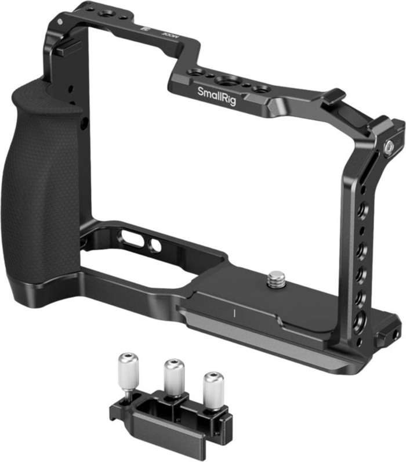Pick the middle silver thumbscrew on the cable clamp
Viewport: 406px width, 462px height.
[174, 378]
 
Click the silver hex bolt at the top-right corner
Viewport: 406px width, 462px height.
[389, 148]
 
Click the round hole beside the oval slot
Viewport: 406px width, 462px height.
[155, 246]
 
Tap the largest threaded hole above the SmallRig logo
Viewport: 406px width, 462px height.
[230, 80]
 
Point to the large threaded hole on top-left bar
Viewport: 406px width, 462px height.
[107, 13]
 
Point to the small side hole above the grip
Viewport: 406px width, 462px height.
[85, 122]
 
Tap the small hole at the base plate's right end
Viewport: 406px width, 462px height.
[396, 335]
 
